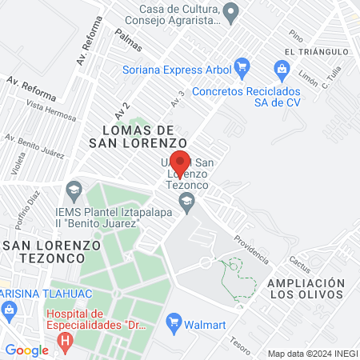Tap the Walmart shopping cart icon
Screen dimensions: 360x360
click(x=172, y=322)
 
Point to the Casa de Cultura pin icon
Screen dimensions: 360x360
click(x=231, y=12)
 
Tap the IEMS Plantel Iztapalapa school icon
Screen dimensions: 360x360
click(x=74, y=190)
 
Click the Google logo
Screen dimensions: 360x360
click(x=26, y=350)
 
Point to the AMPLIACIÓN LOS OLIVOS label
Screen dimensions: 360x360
click(x=306, y=290)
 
